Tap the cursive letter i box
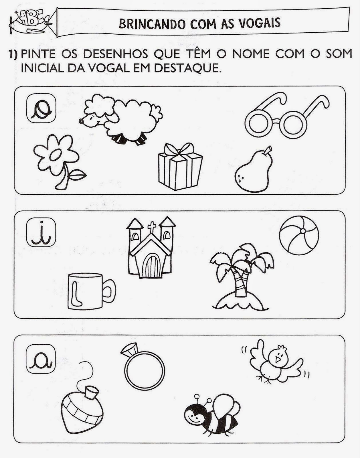coord(41,233)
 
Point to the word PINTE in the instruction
coord(38,54)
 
